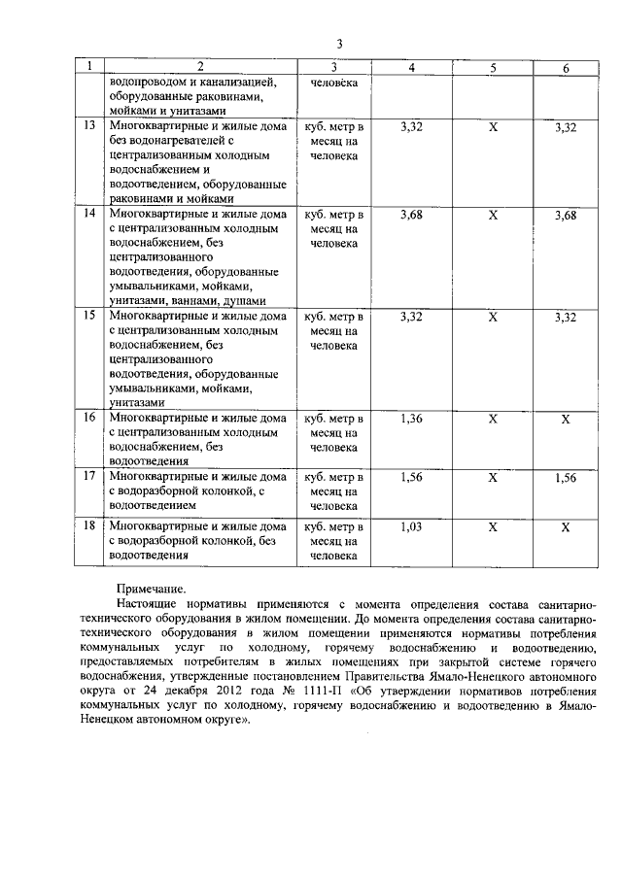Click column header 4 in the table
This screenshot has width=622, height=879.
412,67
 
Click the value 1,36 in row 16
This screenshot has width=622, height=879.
412,418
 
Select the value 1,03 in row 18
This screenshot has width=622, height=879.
412,526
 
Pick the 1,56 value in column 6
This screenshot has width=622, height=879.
566,478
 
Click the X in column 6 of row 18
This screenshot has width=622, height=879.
566,526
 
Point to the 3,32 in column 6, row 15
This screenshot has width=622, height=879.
566,317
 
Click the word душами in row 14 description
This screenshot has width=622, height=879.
244,302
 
